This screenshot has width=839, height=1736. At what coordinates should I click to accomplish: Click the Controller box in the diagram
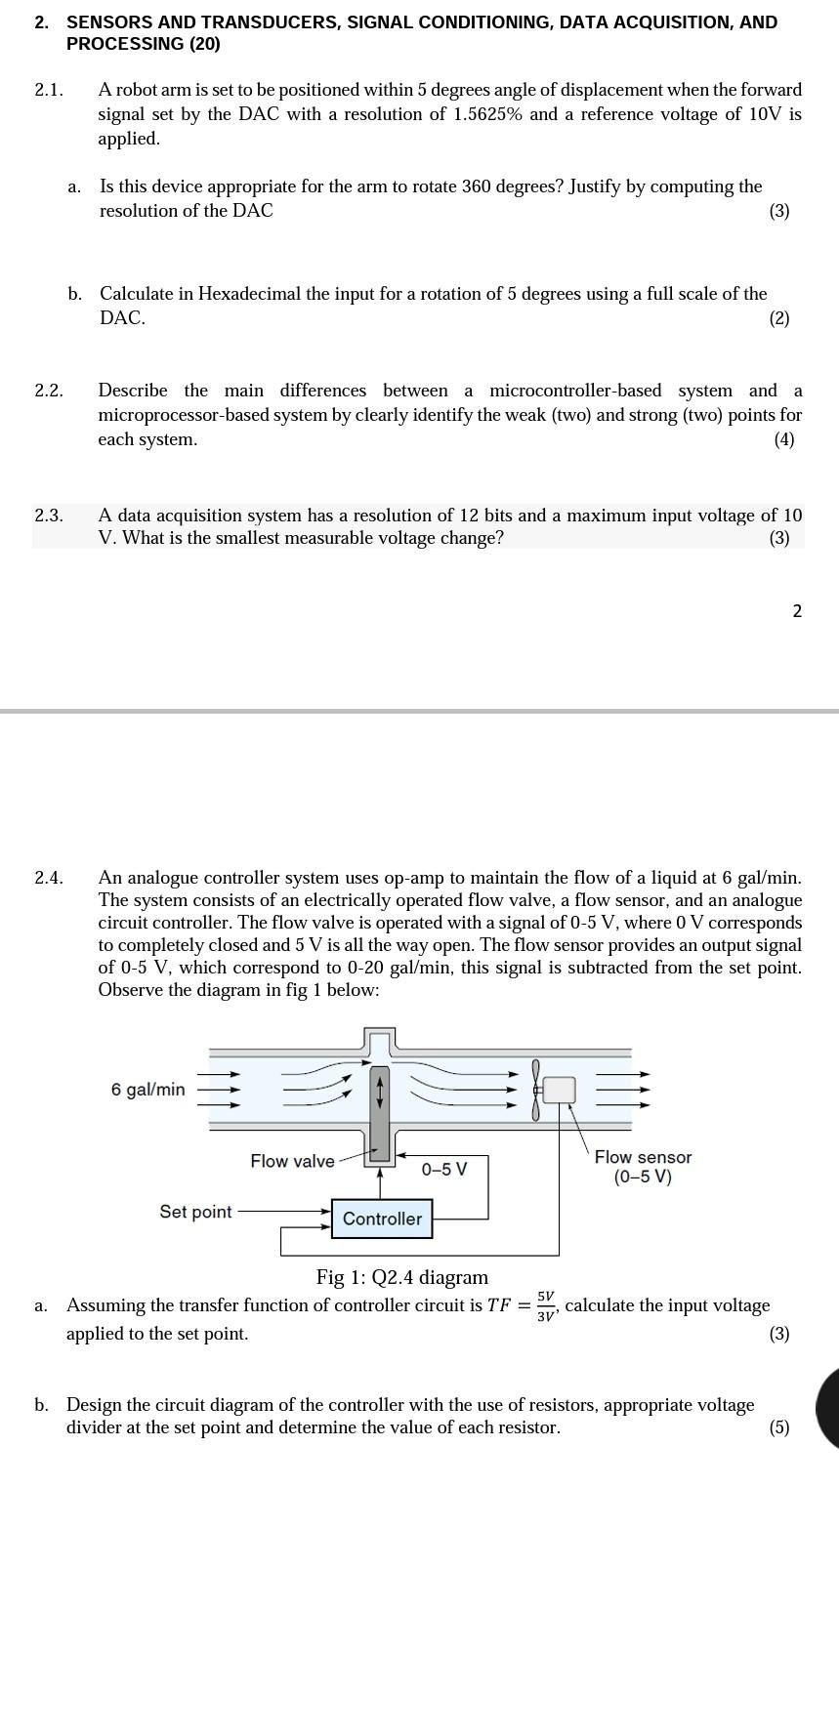381,1219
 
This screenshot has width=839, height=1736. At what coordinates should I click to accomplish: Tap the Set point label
195,1212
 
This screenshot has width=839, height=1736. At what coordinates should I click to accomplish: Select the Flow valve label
292,1161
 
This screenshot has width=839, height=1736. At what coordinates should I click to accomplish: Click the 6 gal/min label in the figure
147,1090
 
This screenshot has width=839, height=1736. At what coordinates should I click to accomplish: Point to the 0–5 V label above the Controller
443,1169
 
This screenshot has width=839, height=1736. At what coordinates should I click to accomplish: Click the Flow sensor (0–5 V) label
643,1167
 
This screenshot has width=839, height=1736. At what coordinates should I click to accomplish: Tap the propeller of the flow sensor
535,1090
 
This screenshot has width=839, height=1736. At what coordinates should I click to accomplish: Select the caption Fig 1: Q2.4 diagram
401,1277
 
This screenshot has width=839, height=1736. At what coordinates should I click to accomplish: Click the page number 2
797,611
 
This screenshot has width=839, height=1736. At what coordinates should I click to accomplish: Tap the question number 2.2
49,391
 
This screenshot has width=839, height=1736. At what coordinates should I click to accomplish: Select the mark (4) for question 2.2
784,439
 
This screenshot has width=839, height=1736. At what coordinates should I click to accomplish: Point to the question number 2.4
49,878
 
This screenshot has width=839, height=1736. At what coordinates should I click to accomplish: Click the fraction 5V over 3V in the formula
546,1305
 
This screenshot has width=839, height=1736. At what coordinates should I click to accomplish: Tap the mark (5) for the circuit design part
778,1427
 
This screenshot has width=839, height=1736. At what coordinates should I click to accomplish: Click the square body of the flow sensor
559,1090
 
